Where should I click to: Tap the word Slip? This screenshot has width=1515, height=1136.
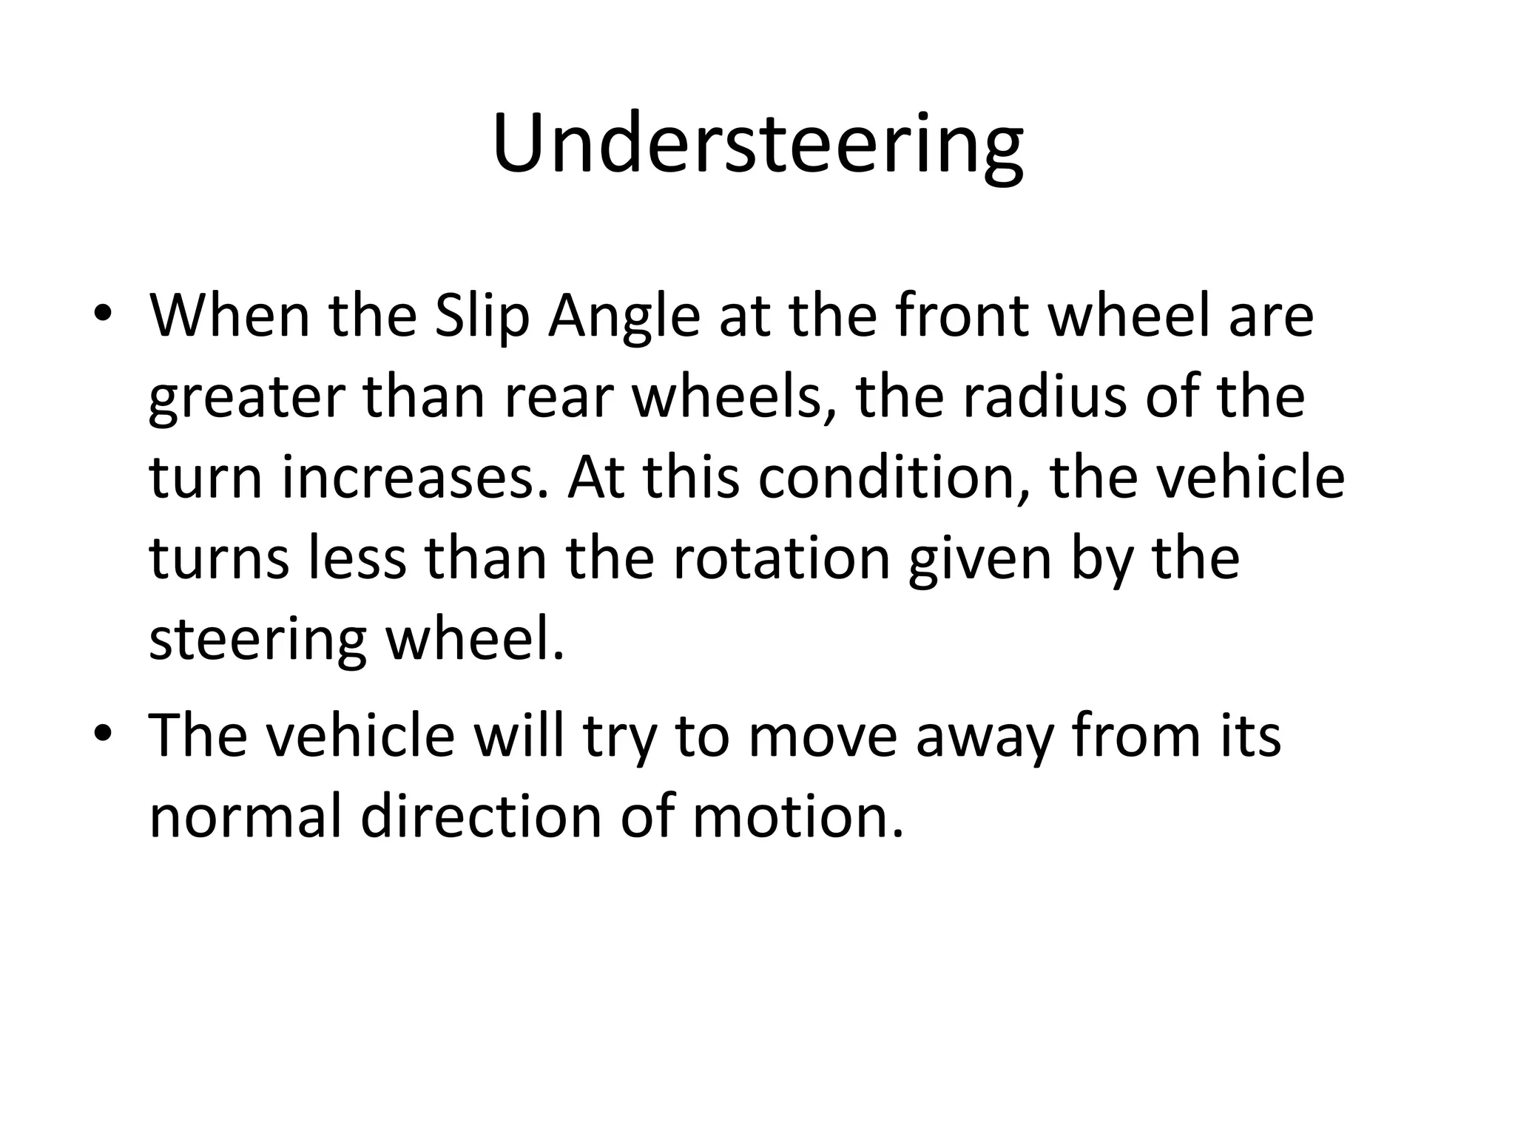click(482, 317)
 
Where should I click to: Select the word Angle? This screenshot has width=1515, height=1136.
click(624, 317)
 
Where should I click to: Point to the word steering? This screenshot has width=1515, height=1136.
click(257, 639)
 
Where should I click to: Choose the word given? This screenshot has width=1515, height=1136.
click(979, 558)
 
